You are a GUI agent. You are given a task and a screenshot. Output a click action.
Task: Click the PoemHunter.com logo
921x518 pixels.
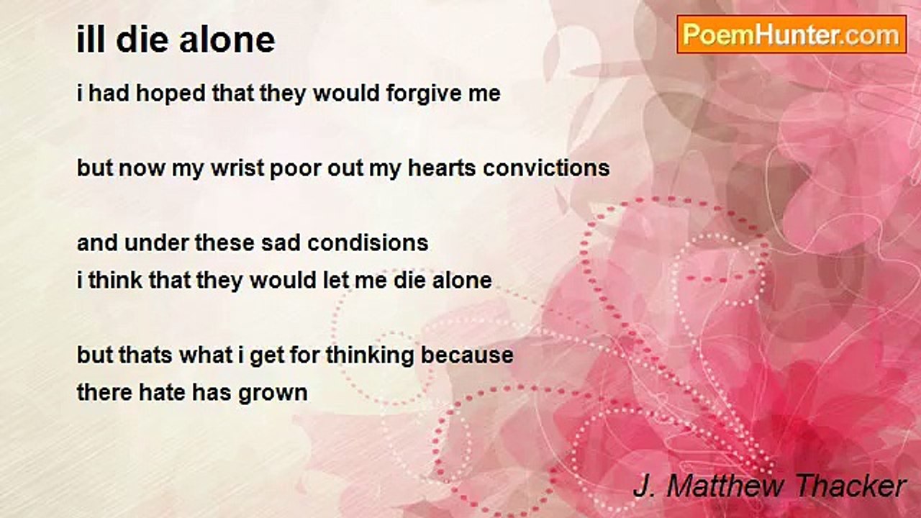pyautogui.click(x=791, y=35)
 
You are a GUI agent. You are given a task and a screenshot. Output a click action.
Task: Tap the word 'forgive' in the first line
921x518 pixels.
pyautogui.click(x=417, y=94)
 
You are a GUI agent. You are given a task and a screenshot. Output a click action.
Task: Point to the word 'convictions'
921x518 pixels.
pyautogui.click(x=546, y=168)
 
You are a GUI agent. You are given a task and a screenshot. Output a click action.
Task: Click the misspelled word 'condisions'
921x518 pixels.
pyautogui.click(x=368, y=242)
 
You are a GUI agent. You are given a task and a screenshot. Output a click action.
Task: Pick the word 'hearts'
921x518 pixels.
pyautogui.click(x=442, y=168)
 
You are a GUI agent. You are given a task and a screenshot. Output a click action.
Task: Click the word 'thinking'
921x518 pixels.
pyautogui.click(x=370, y=355)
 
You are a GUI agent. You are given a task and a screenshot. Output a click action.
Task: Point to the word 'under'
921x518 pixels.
pyautogui.click(x=157, y=242)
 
